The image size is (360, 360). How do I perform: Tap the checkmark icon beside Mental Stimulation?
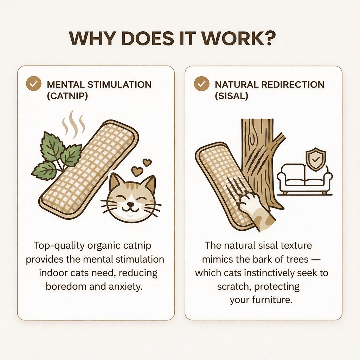(x=34, y=84)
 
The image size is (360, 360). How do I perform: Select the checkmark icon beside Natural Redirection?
(x=201, y=84)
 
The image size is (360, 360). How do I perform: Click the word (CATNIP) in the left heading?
(x=67, y=96)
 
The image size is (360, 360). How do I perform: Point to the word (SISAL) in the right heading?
(x=231, y=96)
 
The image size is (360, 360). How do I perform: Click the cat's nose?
(x=131, y=204)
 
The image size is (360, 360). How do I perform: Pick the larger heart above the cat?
(x=137, y=171)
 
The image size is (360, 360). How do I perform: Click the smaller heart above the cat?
(x=147, y=162)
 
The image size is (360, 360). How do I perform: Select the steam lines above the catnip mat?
(x=74, y=124)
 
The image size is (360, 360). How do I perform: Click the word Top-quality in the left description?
(x=59, y=246)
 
